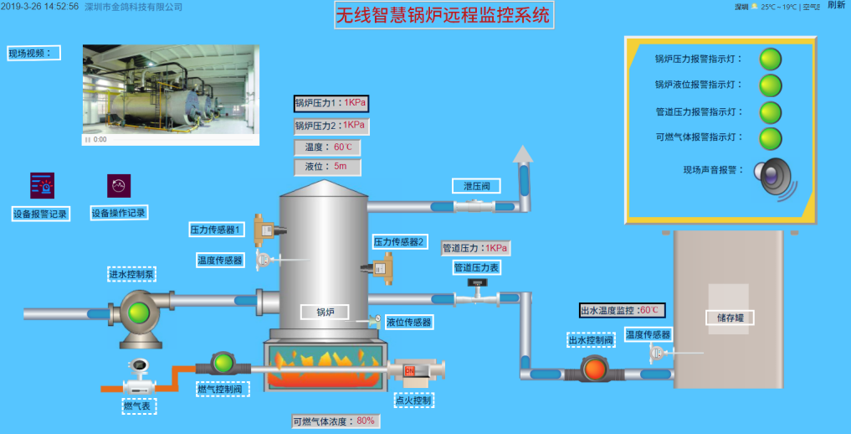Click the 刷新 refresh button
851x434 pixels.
836,5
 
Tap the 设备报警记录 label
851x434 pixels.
40,214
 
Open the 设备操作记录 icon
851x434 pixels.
119,185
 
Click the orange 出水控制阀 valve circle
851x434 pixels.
594,368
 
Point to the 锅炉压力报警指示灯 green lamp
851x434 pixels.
770,59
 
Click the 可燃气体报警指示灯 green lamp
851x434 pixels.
770,137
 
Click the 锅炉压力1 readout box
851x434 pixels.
331,104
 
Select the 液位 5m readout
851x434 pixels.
327,167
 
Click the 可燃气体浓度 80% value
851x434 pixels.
366,421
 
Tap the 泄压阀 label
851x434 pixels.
476,186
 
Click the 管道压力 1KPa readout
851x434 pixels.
475,248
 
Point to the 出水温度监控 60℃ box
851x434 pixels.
622,311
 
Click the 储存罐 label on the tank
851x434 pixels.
730,318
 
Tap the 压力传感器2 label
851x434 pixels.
400,242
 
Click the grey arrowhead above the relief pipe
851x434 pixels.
524,153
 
